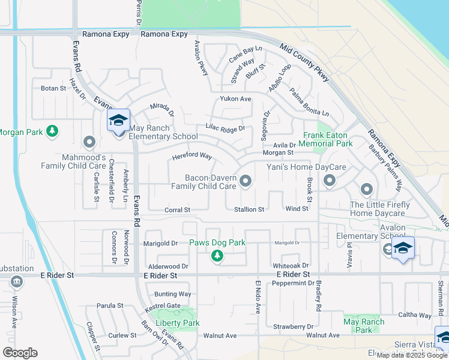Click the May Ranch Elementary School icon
pyautogui.click(x=118, y=121)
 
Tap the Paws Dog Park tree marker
pyautogui.click(x=217, y=256)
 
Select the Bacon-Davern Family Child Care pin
pyautogui.click(x=246, y=181)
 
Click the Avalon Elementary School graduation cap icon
pyautogui.click(x=403, y=248)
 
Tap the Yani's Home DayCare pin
pyautogui.click(x=329, y=180)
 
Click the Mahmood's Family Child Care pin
pyautogui.click(x=90, y=142)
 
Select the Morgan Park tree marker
pyautogui.click(x=53, y=131)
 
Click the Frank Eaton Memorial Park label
pyautogui.click(x=327, y=140)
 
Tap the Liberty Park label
pyautogui.click(x=177, y=323)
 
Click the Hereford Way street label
pyautogui.click(x=192, y=156)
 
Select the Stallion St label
pyautogui.click(x=249, y=209)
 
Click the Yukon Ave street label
pyautogui.click(x=235, y=98)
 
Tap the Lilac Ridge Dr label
pyautogui.click(x=225, y=128)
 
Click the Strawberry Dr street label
pyautogui.click(x=294, y=326)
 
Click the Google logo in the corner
pyautogui.click(x=20, y=353)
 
